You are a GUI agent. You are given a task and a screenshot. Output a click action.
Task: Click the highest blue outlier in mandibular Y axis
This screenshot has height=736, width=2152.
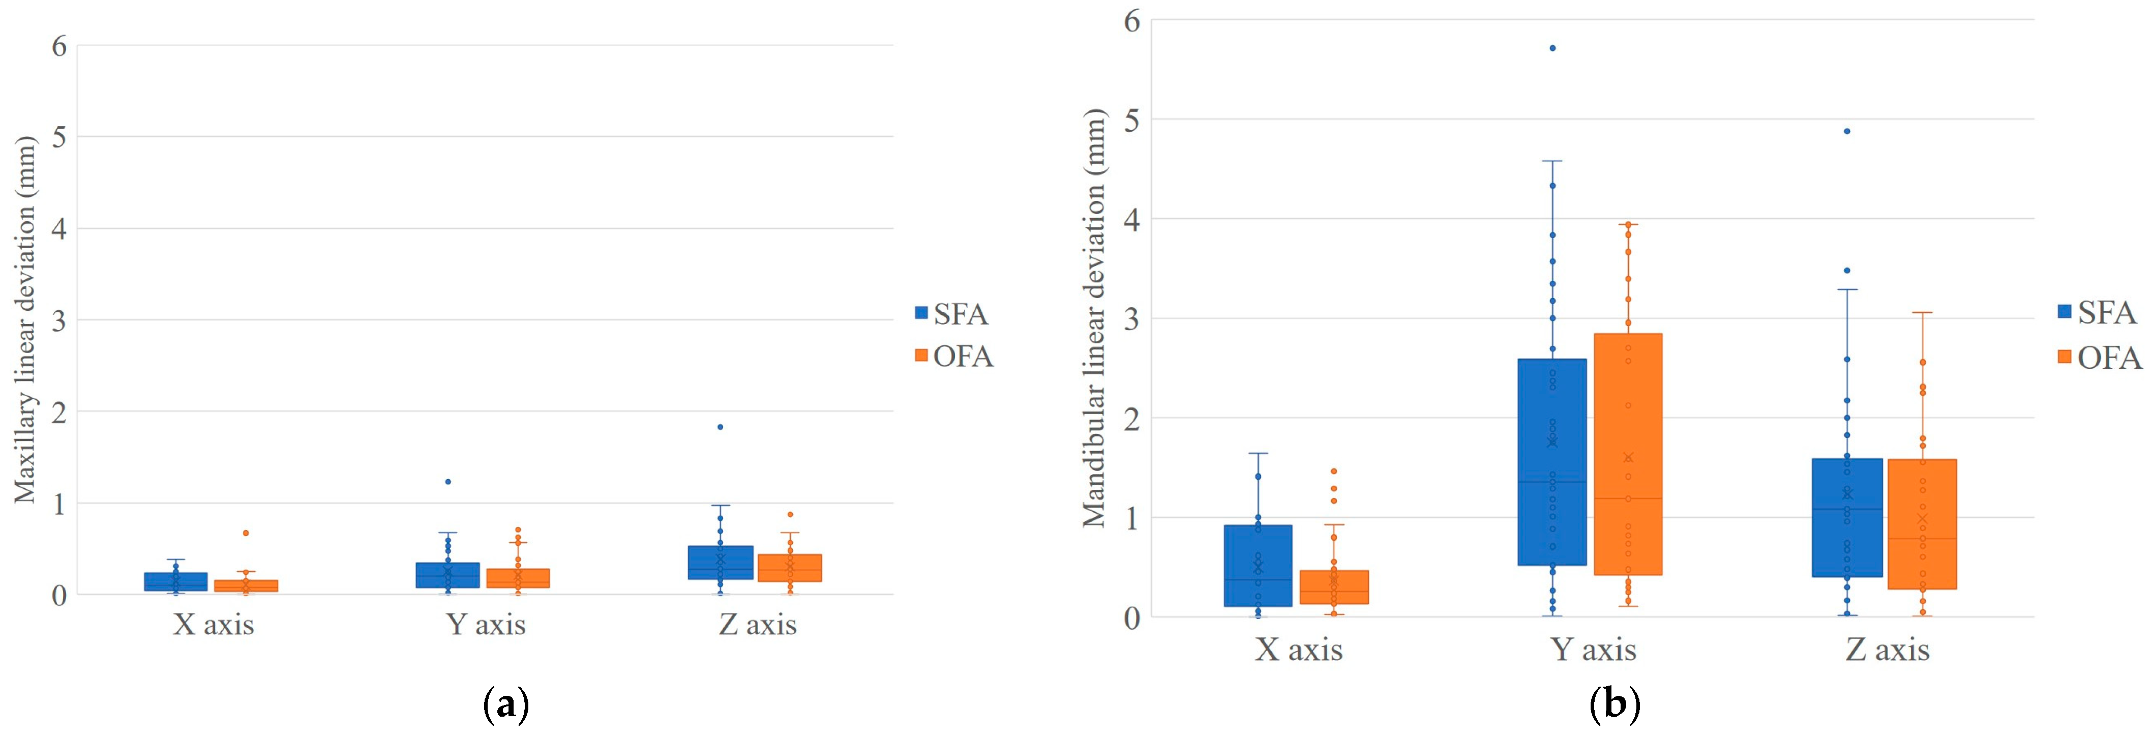click(x=1552, y=48)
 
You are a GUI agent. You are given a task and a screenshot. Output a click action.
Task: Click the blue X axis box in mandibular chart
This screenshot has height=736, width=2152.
click(x=1258, y=566)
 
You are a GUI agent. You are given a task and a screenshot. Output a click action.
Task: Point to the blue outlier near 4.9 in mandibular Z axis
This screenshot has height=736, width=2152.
click(x=1847, y=131)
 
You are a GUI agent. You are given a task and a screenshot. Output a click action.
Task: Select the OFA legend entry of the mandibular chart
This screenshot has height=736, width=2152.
click(x=2099, y=358)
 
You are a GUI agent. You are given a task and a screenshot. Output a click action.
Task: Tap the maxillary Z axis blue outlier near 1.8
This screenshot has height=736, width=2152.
click(x=720, y=427)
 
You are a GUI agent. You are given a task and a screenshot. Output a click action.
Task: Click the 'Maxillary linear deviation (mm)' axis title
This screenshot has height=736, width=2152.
click(x=25, y=319)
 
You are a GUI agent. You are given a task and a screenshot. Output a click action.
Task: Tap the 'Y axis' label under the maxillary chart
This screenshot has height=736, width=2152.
click(x=486, y=625)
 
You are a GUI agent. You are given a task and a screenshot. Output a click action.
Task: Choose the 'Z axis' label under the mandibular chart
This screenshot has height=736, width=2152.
click(x=1887, y=650)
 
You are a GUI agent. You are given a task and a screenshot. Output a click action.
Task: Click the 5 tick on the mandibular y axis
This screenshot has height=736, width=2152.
click(x=1132, y=120)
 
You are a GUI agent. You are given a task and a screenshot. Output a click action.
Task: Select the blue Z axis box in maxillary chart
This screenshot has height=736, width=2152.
click(x=720, y=562)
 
